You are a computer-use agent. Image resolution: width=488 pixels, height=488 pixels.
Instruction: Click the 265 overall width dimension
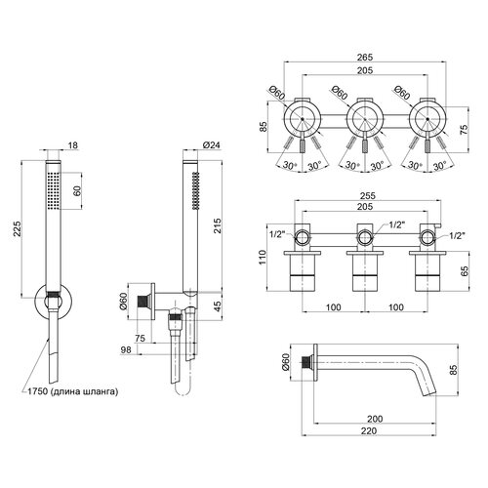pos(365,58)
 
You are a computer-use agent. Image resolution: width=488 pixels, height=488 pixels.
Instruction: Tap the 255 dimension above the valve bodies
pos(368,195)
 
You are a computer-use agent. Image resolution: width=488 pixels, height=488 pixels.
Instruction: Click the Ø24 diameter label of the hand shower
pos(211,145)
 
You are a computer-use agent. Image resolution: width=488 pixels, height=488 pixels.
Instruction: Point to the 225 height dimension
pos(17,229)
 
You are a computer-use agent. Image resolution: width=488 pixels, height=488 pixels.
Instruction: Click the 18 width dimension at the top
pos(73,145)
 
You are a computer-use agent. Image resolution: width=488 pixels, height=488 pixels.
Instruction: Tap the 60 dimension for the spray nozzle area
pos(77,190)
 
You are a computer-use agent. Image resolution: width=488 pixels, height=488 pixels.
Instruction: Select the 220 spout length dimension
pos(369,430)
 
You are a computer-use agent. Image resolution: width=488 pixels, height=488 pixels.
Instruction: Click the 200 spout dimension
pos(375,419)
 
